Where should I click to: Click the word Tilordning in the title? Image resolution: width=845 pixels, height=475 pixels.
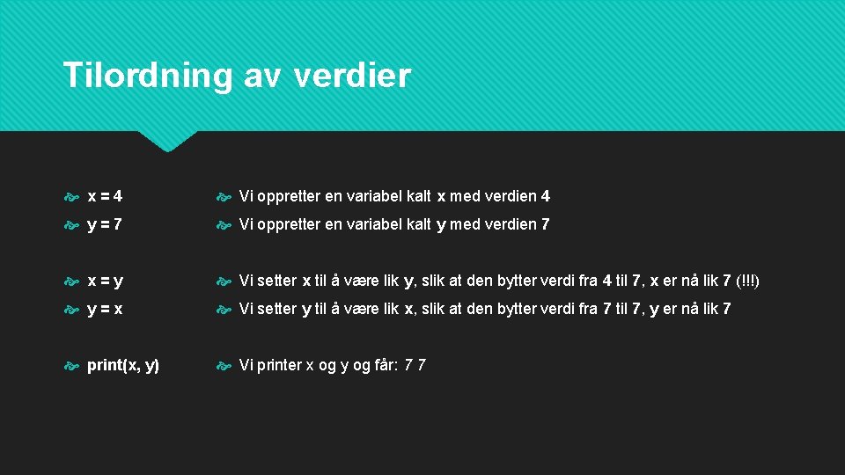(146, 76)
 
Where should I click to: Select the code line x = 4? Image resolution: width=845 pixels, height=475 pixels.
(105, 196)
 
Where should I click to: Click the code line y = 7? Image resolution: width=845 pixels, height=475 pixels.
(105, 224)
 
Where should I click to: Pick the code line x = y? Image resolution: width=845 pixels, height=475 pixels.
(105, 281)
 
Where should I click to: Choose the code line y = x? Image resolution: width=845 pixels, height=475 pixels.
(105, 309)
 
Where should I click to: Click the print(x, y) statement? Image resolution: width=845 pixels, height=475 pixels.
(123, 365)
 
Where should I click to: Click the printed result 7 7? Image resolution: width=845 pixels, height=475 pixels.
(415, 365)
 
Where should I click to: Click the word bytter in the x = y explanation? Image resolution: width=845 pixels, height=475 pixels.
(519, 281)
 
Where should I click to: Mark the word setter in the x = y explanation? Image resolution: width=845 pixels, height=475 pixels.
(276, 281)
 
